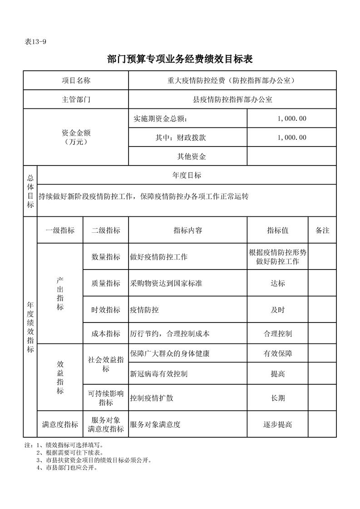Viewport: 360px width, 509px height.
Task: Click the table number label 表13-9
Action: click(36, 41)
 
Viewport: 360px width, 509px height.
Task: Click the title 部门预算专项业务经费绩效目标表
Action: click(180, 59)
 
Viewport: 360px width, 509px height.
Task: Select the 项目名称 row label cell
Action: click(76, 80)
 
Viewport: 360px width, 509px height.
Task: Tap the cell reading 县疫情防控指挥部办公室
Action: click(232, 100)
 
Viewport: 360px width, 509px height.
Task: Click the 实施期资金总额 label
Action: click(160, 119)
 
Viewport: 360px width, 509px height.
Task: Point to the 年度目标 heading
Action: click(187, 175)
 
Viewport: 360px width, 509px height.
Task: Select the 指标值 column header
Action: click(277, 230)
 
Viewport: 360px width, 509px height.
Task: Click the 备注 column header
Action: click(322, 230)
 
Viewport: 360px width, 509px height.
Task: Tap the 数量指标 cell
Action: click(106, 257)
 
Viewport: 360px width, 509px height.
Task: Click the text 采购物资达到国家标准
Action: click(166, 284)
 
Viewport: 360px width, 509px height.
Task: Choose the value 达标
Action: click(277, 284)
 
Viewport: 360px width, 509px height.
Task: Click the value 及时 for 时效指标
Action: click(277, 310)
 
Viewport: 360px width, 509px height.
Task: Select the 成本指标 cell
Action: click(106, 334)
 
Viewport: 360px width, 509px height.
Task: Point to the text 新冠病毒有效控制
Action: click(159, 374)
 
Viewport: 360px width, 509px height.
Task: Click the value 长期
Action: click(277, 398)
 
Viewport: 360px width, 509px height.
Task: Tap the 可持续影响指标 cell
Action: click(106, 398)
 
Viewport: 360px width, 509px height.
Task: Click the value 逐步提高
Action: click(277, 425)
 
